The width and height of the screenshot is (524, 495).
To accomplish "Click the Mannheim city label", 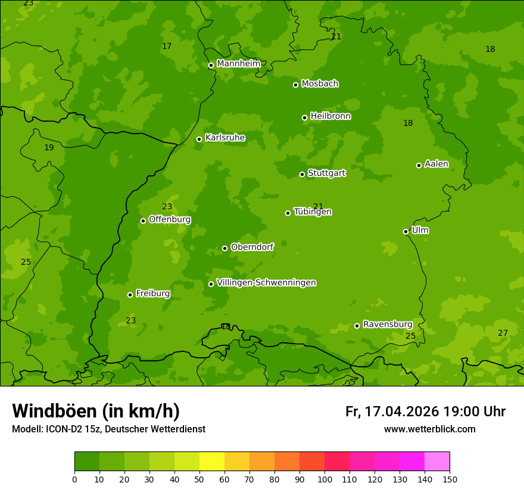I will pos(238,63).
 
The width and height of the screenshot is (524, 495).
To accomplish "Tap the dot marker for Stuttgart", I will pos(302,174).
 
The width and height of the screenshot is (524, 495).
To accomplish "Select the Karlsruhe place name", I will pos(224,137).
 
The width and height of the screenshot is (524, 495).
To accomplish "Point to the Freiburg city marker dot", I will pos(130,295).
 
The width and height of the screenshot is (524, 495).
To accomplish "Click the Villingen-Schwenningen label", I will pos(266,282).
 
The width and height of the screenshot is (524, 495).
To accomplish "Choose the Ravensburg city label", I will pos(387,324).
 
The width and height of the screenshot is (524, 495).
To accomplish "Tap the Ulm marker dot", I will pos(406,231).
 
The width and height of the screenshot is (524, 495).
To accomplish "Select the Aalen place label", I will pos(436,163).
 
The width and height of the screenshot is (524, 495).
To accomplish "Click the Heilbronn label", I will pos(330,116).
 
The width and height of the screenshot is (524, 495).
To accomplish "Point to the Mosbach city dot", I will pos(295,85).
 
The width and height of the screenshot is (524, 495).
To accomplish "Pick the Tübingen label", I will pos(312,211).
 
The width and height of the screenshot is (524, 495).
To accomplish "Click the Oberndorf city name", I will pos(252,246).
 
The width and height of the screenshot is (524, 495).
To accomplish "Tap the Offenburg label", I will pos(169,219).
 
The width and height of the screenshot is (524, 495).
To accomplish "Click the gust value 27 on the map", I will pos(503,333).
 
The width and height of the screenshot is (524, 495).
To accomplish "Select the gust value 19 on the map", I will pos(49,147).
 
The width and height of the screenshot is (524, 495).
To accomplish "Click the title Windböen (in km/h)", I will pos(95,411).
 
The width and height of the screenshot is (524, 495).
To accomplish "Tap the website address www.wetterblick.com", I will pos(429,429).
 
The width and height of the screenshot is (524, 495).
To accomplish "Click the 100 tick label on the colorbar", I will pos(325,479).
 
